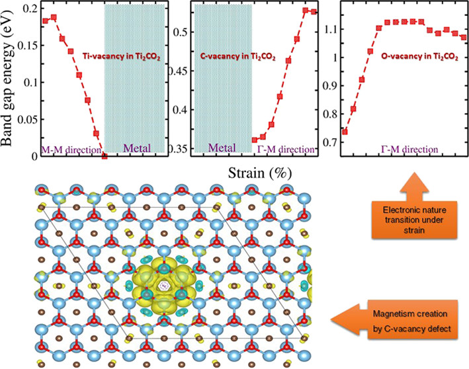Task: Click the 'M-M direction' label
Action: point(69,149)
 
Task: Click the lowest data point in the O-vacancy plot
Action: point(345,132)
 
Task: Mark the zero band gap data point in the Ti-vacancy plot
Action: point(105,156)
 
